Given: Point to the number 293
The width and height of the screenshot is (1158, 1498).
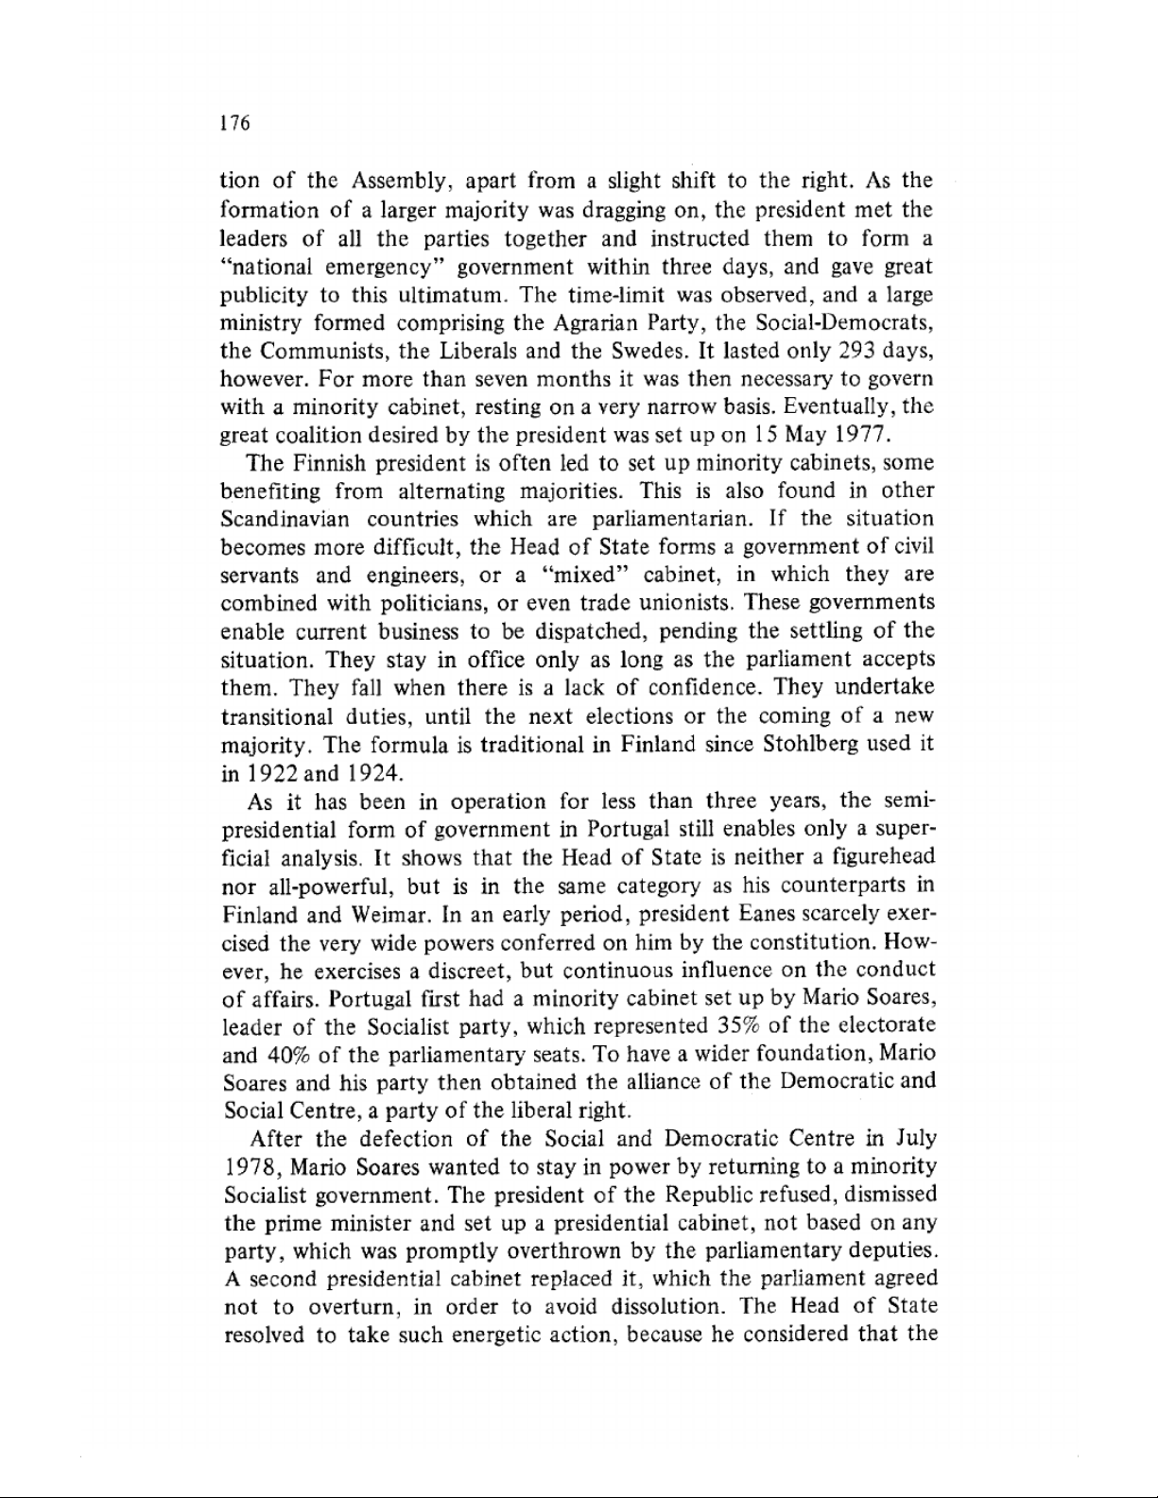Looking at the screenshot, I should [x=857, y=351].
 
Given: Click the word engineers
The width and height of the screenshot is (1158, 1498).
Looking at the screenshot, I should [x=420, y=576].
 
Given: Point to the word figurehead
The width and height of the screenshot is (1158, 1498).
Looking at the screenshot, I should [x=878, y=858].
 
